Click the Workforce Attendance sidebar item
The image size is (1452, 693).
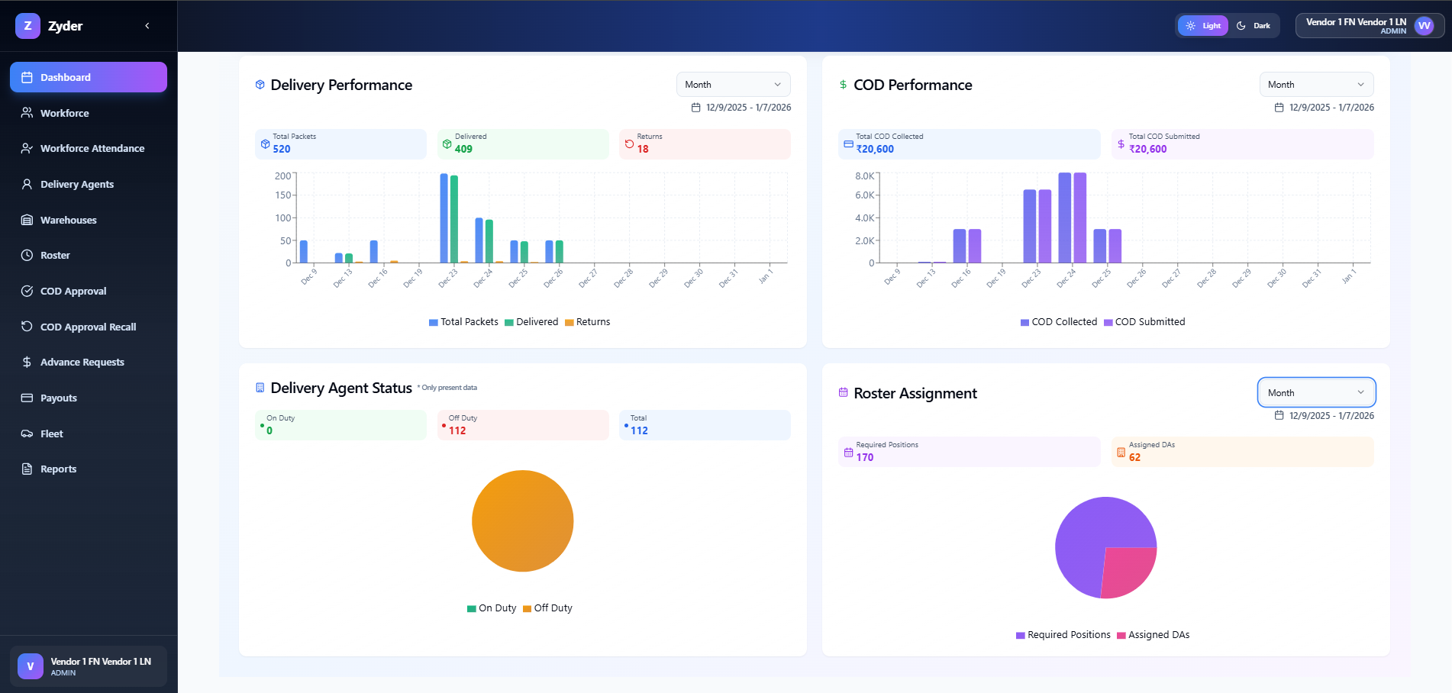click(x=92, y=148)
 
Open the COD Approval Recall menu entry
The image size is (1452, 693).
click(x=88, y=327)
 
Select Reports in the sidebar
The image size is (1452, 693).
click(x=58, y=469)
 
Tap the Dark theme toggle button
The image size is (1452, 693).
click(x=1254, y=26)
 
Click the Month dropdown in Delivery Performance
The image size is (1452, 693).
click(x=733, y=85)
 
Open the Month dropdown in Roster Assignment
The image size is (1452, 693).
click(x=1315, y=392)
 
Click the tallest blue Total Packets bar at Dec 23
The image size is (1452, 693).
click(x=444, y=218)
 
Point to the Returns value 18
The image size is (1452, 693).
click(x=643, y=149)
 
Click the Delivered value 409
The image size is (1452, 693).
click(x=463, y=149)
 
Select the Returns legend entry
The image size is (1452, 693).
click(x=587, y=322)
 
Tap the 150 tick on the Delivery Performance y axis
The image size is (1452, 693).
click(x=283, y=195)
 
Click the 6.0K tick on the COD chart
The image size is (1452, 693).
click(x=865, y=195)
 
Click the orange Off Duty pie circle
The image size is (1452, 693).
click(x=522, y=521)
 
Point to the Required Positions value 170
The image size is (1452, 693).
click(x=864, y=457)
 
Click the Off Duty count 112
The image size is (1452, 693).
click(x=457, y=430)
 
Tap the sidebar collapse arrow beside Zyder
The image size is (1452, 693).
click(x=147, y=26)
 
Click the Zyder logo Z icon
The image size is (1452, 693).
click(x=27, y=26)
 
